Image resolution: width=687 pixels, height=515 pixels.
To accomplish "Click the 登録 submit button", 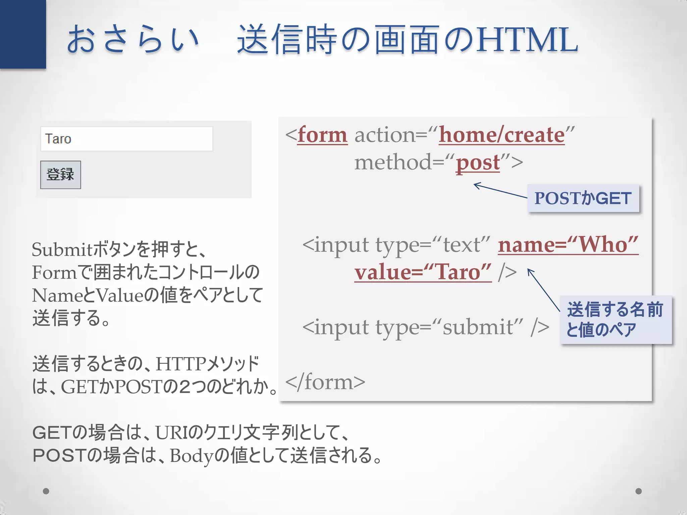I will click(x=60, y=175).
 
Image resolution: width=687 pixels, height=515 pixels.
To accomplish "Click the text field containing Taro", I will click(x=126, y=139).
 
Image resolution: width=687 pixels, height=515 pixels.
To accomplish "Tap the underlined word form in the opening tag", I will click(x=322, y=135).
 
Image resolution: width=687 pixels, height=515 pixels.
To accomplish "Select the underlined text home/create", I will click(x=501, y=135).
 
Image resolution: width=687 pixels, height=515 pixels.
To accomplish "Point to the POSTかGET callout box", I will click(x=583, y=198).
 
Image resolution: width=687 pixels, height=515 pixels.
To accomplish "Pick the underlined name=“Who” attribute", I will click(x=568, y=244).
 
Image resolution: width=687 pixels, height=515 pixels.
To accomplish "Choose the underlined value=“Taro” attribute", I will click(x=423, y=272).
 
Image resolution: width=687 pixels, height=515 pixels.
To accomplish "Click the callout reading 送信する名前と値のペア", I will click(x=616, y=319).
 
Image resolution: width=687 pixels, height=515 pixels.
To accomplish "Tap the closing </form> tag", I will click(x=325, y=382).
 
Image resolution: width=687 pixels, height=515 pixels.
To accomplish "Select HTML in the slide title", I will click(x=527, y=40).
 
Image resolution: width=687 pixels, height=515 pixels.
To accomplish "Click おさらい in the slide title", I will click(x=133, y=40).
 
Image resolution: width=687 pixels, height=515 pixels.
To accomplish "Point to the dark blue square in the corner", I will click(x=23, y=34).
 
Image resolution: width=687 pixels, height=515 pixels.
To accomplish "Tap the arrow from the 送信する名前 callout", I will click(x=543, y=290).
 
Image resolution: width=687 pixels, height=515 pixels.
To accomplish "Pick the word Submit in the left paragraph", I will click(x=62, y=250).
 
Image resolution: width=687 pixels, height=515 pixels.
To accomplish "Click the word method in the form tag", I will click(x=393, y=163).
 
